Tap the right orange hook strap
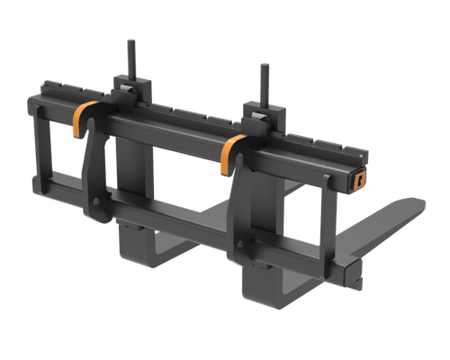point(230,154)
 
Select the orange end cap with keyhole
point(360,177)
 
